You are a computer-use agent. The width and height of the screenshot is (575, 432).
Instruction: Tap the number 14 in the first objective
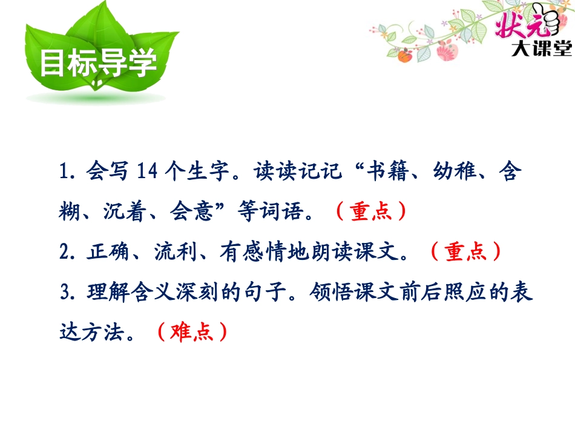point(147,172)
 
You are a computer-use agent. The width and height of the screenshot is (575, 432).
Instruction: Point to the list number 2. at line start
point(68,251)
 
